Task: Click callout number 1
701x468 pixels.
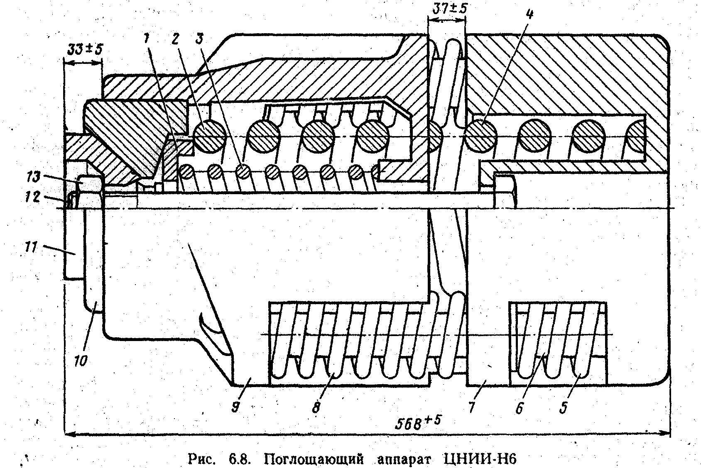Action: [146, 39]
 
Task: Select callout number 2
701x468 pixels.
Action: [174, 39]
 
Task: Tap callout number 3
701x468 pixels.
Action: [200, 39]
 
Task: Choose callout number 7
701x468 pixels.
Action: [471, 408]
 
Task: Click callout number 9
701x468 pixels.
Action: [235, 408]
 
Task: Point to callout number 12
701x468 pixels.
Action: [33, 197]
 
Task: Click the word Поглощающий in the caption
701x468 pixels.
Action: [314, 460]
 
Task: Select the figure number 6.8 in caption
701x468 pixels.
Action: [238, 460]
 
